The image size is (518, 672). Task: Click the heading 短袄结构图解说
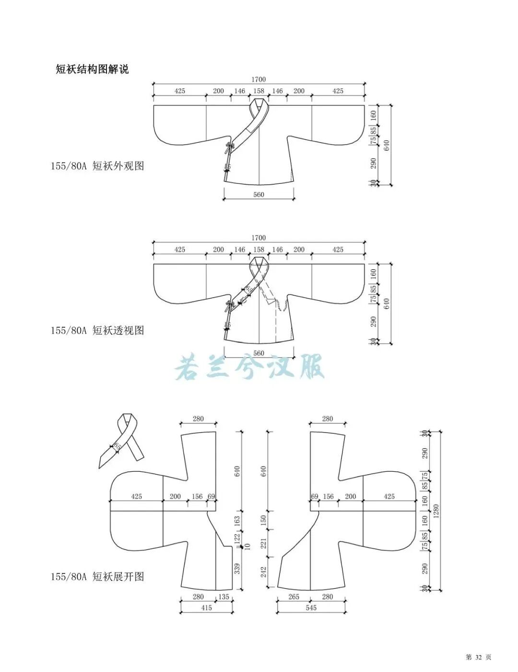coord(92,69)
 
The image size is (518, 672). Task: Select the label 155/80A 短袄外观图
coord(97,166)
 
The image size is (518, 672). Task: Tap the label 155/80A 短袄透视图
coord(97,330)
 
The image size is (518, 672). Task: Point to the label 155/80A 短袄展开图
coord(97,576)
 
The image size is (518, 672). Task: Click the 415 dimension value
coord(206,608)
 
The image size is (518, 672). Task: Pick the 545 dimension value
coord(311,608)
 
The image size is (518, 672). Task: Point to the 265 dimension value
coord(294,597)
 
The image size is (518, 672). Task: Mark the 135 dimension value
coord(224,597)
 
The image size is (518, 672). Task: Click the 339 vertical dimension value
coord(237,568)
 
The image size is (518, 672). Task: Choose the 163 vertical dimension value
coord(237,521)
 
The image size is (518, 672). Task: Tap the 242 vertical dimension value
coord(263,572)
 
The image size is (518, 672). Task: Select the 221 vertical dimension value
coord(263,543)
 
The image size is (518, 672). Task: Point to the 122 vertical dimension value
coord(237,539)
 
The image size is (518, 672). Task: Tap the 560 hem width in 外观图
coord(259,194)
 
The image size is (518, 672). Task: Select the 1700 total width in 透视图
coord(258,238)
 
